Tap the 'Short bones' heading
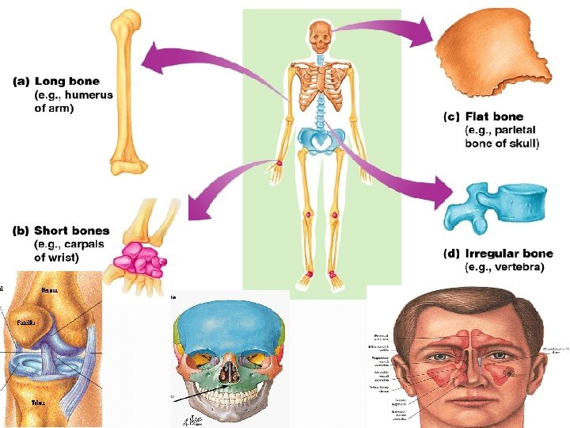tap(72, 231)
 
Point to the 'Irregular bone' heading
tap(509, 254)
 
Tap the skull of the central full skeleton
tap(320, 36)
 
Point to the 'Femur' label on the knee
tap(48, 291)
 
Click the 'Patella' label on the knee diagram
tap(25, 323)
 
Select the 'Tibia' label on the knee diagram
tap(37, 403)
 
